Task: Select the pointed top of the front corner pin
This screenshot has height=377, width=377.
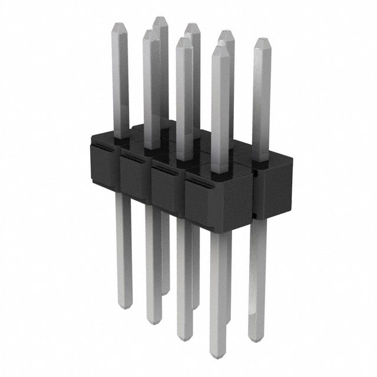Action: coord(220,49)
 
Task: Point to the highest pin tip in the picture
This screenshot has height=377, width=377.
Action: coord(160,19)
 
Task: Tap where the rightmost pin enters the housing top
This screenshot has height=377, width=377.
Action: coord(262,158)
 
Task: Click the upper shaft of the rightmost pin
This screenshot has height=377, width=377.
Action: coord(262,100)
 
